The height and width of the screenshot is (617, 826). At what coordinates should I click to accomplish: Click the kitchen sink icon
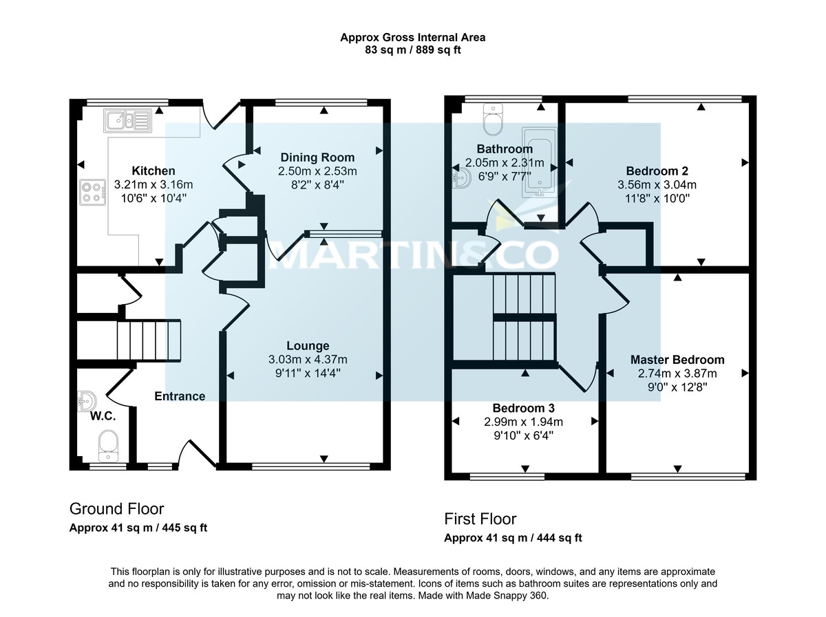coord(128,121)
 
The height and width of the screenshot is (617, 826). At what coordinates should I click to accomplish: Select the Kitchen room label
coord(153,171)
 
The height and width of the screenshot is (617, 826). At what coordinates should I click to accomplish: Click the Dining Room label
coord(317,158)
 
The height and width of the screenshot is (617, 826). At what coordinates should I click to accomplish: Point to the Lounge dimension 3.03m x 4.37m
coord(308,359)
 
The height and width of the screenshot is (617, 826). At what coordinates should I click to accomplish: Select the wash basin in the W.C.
coord(86,400)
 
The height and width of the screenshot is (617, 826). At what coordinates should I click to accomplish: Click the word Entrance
coord(180,396)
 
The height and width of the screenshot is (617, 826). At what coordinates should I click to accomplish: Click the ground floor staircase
coord(148,340)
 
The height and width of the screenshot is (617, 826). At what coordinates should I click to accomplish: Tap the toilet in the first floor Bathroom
coord(494,121)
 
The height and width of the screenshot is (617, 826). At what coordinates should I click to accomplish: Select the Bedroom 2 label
coord(657,171)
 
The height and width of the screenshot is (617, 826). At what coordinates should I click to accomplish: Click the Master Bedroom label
coord(677,360)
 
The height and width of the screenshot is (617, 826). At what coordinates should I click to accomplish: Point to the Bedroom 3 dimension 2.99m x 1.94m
coord(523,422)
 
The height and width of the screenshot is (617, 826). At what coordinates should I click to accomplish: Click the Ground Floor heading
coord(116,509)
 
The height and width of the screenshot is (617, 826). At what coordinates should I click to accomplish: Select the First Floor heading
coord(480,519)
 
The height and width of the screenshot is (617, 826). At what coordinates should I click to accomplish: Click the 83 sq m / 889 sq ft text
coord(412,50)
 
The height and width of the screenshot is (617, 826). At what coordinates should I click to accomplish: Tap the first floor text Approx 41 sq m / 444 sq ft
coord(513,538)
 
